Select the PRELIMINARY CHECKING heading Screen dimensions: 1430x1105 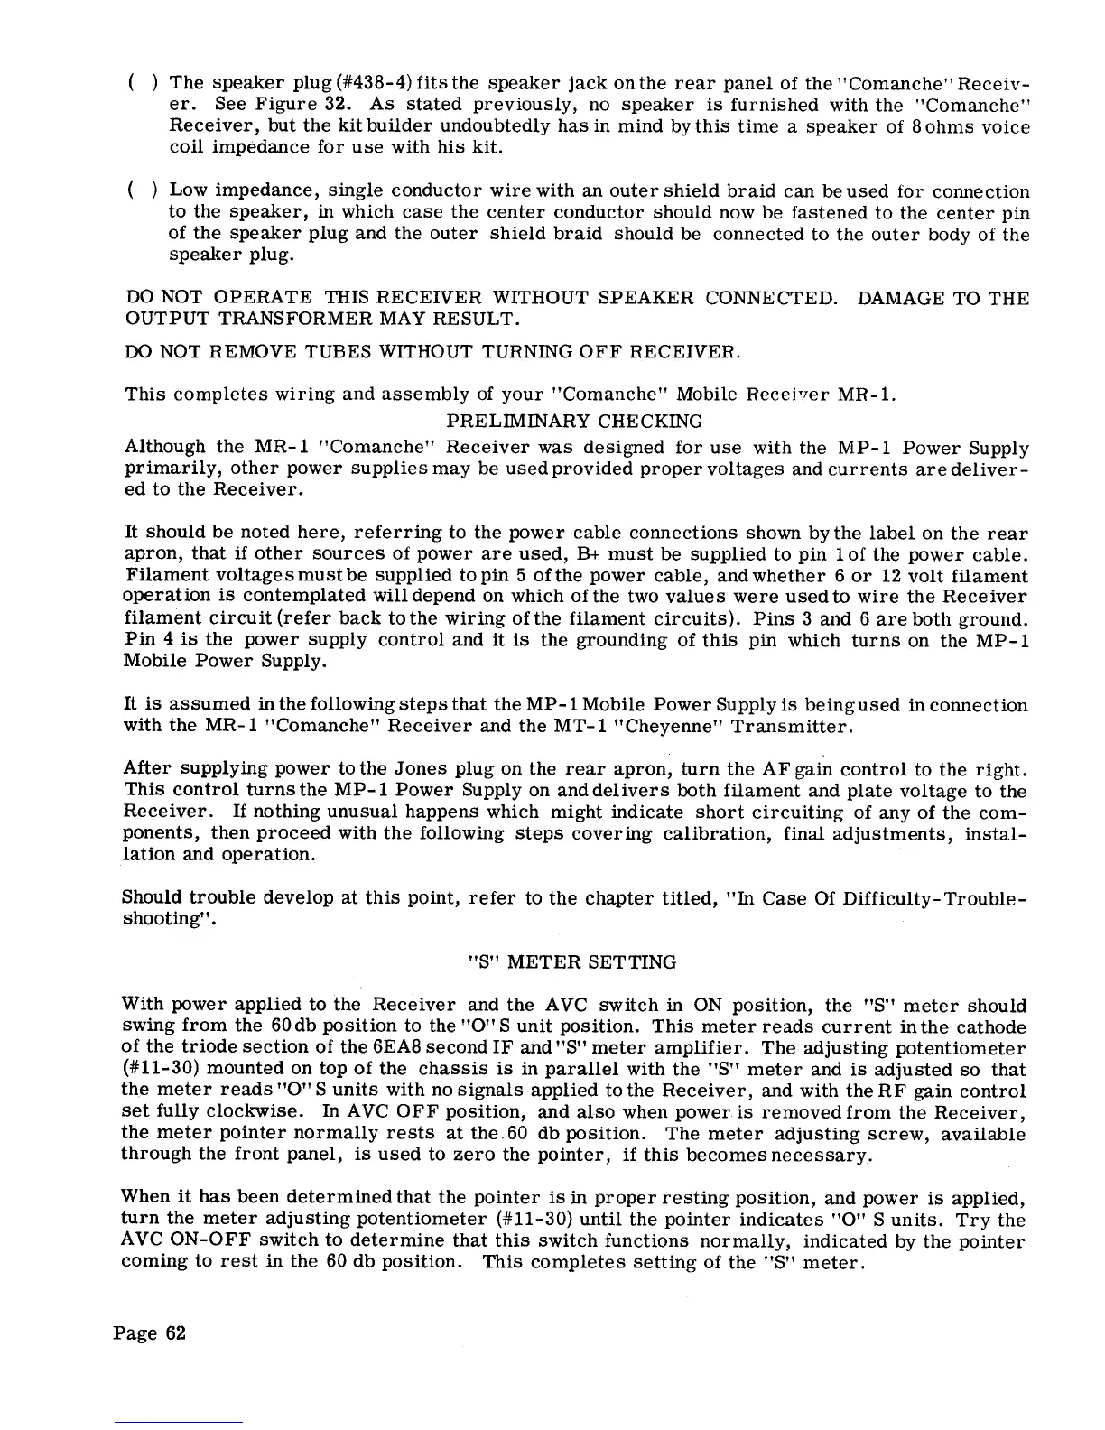coord(575,422)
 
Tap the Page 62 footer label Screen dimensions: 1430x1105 coord(150,1333)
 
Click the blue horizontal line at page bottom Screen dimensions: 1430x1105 coord(180,1423)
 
